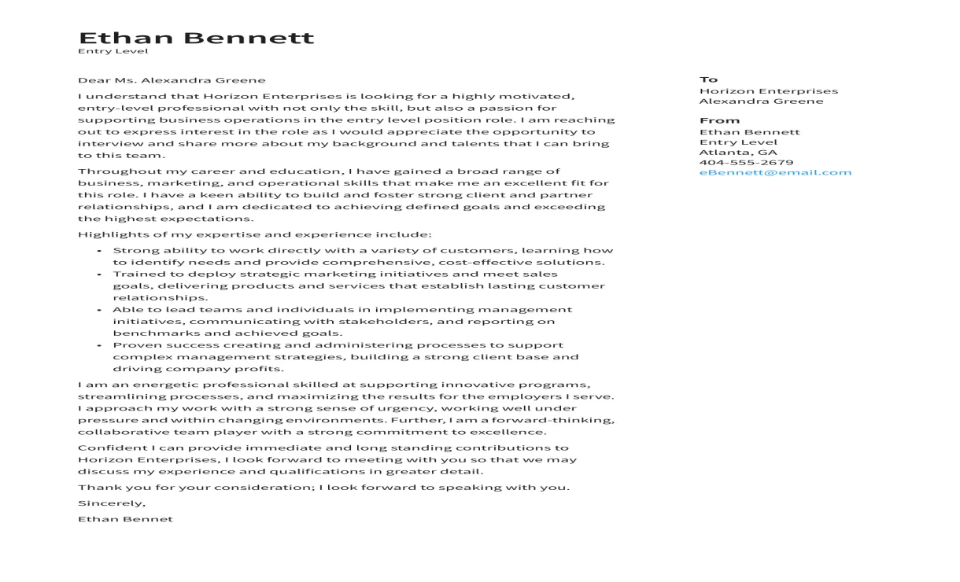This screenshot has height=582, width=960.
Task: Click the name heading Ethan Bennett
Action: tap(196, 38)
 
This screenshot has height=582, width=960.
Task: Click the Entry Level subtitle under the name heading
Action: tap(113, 52)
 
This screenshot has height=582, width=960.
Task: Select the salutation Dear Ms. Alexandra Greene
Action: tap(172, 80)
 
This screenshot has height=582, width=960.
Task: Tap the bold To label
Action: tap(708, 79)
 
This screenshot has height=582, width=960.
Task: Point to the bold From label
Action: tap(719, 120)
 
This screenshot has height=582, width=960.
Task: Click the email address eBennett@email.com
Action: tap(775, 173)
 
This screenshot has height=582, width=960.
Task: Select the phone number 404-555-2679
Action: tap(746, 163)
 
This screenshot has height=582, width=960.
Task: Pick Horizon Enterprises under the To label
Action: tap(768, 91)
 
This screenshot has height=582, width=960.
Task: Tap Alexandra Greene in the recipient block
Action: tap(761, 101)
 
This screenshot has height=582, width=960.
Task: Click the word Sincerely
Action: tap(111, 503)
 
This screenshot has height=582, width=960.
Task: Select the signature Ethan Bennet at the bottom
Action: tap(125, 519)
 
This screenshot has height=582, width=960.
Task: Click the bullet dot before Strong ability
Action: tap(99, 251)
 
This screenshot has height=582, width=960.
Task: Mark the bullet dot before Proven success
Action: tap(99, 345)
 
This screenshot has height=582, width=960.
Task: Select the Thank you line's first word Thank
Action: tap(94, 488)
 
